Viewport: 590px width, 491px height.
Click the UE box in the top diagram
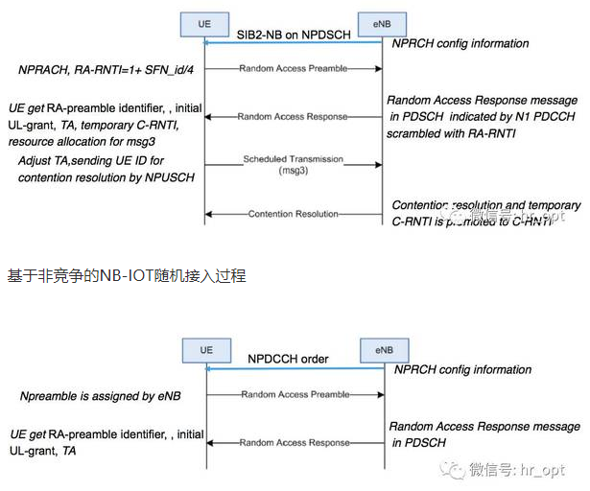click(204, 21)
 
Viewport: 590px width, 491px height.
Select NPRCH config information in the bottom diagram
click(462, 368)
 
